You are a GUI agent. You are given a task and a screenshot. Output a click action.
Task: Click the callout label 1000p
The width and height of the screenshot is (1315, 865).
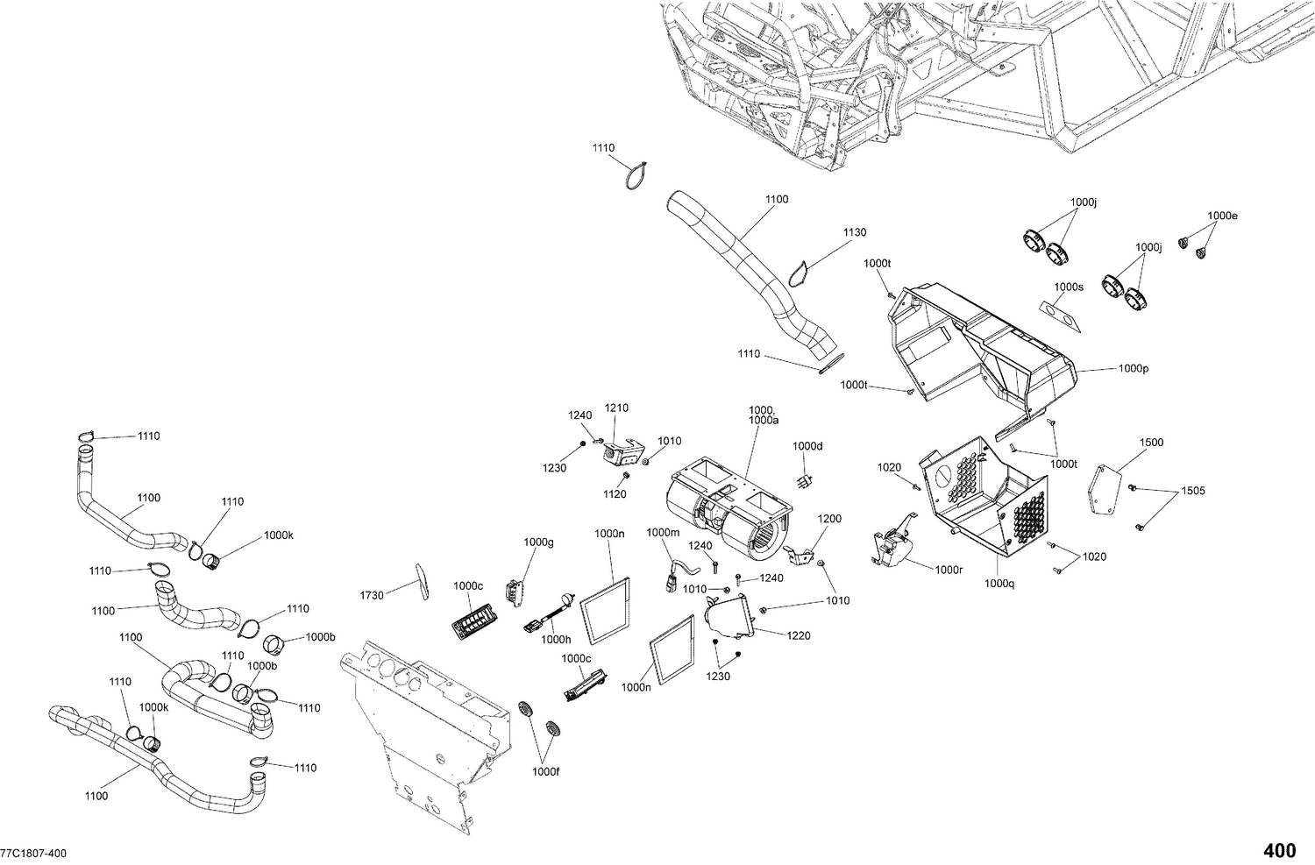pyautogui.click(x=1133, y=369)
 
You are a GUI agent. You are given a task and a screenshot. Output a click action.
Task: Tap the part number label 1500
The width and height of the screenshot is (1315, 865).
pyautogui.click(x=1151, y=443)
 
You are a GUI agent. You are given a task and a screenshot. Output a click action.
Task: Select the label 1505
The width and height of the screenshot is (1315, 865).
pyautogui.click(x=1192, y=491)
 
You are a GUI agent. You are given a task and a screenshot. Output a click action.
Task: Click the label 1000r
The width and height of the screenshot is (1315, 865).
pyautogui.click(x=949, y=570)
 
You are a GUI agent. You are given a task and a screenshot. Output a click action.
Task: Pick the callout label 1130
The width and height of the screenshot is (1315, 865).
pyautogui.click(x=854, y=232)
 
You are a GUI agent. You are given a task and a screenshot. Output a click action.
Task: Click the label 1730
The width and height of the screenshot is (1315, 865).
pyautogui.click(x=372, y=595)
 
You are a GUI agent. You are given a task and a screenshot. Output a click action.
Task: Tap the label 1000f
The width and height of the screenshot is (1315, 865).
pyautogui.click(x=545, y=771)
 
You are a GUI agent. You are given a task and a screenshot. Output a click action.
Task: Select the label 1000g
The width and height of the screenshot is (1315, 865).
pyautogui.click(x=539, y=542)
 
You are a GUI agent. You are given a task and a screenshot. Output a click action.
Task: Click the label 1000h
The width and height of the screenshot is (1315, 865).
pyautogui.click(x=556, y=640)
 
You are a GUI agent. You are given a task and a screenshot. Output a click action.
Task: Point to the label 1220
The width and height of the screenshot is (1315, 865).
pyautogui.click(x=798, y=635)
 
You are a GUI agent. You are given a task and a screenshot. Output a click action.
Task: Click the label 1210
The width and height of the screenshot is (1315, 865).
pyautogui.click(x=616, y=408)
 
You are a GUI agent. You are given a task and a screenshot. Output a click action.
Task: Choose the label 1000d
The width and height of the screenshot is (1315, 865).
pyautogui.click(x=808, y=446)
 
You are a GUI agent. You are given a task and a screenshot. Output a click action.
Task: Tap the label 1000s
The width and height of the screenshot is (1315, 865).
pyautogui.click(x=1069, y=287)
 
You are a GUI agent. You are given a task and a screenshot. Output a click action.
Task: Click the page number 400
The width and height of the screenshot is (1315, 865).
pyautogui.click(x=1279, y=850)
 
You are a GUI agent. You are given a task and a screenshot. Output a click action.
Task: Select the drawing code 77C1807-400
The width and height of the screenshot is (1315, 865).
pyautogui.click(x=32, y=854)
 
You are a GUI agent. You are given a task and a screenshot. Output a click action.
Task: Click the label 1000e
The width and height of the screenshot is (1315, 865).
pyautogui.click(x=1222, y=216)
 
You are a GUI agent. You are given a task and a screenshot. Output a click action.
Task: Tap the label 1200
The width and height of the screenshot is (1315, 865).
pyautogui.click(x=829, y=519)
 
